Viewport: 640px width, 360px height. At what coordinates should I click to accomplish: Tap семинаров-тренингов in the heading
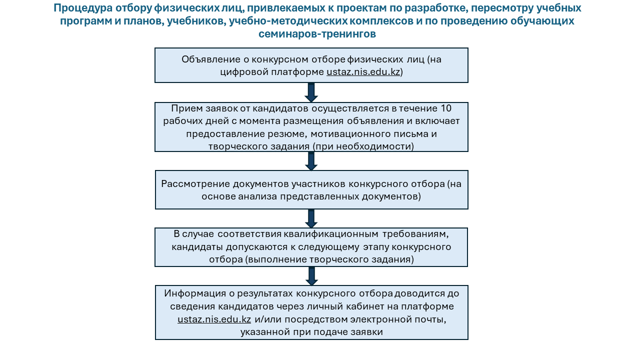(317, 34)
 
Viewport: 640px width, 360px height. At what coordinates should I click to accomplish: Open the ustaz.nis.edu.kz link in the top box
(363, 71)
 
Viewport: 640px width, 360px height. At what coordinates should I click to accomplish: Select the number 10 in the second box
(446, 108)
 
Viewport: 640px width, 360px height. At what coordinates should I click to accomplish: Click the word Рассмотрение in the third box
(192, 183)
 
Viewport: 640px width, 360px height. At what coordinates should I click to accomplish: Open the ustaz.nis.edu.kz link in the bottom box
(214, 319)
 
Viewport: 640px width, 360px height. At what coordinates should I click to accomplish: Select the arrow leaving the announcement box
(311, 92)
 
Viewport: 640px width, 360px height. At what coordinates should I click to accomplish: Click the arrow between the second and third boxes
(311, 161)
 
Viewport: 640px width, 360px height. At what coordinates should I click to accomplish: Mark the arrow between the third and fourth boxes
(311, 218)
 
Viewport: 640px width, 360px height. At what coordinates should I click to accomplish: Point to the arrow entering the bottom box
(311, 276)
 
